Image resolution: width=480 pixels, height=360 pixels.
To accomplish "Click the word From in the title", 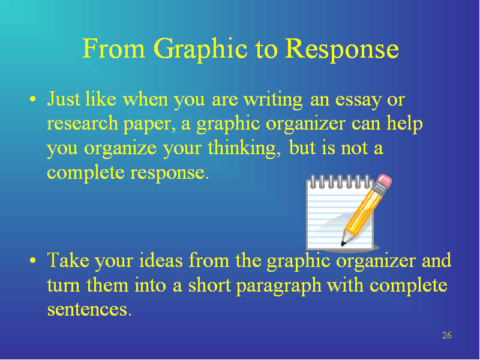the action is coord(113,49).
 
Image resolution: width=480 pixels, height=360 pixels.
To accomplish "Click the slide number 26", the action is coord(446,335).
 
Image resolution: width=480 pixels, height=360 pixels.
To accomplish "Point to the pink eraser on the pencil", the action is coord(384,181).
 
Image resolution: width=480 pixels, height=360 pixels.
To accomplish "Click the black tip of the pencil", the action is coord(343,244).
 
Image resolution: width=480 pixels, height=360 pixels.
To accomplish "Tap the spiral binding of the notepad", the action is coord(340,181).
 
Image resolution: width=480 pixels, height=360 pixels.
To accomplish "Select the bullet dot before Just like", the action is coord(33,100).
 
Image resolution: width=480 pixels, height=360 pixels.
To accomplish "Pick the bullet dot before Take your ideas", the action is coord(33,260).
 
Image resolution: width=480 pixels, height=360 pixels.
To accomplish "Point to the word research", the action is coord(82,123).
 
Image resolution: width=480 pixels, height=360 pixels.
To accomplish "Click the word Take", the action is coord(68,260).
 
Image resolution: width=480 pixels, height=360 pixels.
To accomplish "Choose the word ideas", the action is coord(161,260).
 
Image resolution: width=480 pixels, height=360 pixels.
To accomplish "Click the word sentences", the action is coord(89,310).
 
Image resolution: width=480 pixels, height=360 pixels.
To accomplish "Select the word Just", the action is coord(64,99).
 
